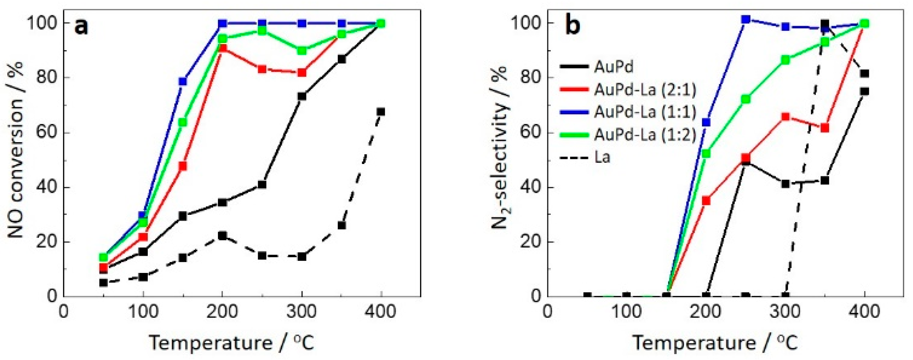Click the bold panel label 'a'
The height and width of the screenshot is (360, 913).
pos(81,27)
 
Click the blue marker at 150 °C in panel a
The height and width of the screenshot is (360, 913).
pos(183,81)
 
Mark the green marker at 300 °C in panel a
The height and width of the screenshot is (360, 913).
pos(302,51)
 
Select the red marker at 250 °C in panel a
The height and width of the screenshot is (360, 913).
pos(262,69)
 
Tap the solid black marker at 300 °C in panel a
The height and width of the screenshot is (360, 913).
pos(302,96)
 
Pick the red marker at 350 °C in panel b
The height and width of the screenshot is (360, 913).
pos(825,128)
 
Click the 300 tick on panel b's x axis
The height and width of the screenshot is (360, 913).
pos(785,312)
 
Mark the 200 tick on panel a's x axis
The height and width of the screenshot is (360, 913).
pos(222,312)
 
